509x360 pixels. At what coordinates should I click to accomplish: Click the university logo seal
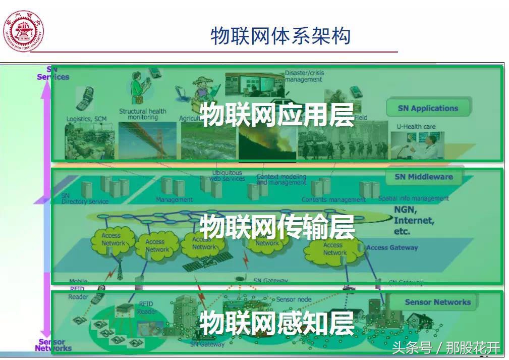(24, 31)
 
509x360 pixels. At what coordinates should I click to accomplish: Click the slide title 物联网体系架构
(280, 36)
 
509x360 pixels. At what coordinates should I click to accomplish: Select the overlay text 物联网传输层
(277, 227)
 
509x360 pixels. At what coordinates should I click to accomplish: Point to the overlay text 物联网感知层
(277, 323)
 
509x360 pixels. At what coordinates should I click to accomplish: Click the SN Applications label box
(428, 108)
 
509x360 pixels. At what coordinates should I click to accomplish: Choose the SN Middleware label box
(423, 177)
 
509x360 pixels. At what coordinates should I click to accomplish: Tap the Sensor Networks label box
(437, 302)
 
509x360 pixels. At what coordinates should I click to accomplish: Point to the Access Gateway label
(392, 247)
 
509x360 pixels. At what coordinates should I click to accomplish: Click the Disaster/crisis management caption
(304, 76)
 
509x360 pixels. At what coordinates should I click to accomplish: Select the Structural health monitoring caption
(142, 114)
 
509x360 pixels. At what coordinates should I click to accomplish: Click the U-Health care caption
(415, 126)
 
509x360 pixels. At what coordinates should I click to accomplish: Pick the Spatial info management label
(413, 198)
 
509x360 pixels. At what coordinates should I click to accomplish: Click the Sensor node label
(294, 299)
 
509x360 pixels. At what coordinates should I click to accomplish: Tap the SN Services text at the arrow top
(53, 73)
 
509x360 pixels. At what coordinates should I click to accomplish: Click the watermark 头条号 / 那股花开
(446, 347)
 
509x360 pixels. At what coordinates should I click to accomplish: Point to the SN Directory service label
(84, 199)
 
